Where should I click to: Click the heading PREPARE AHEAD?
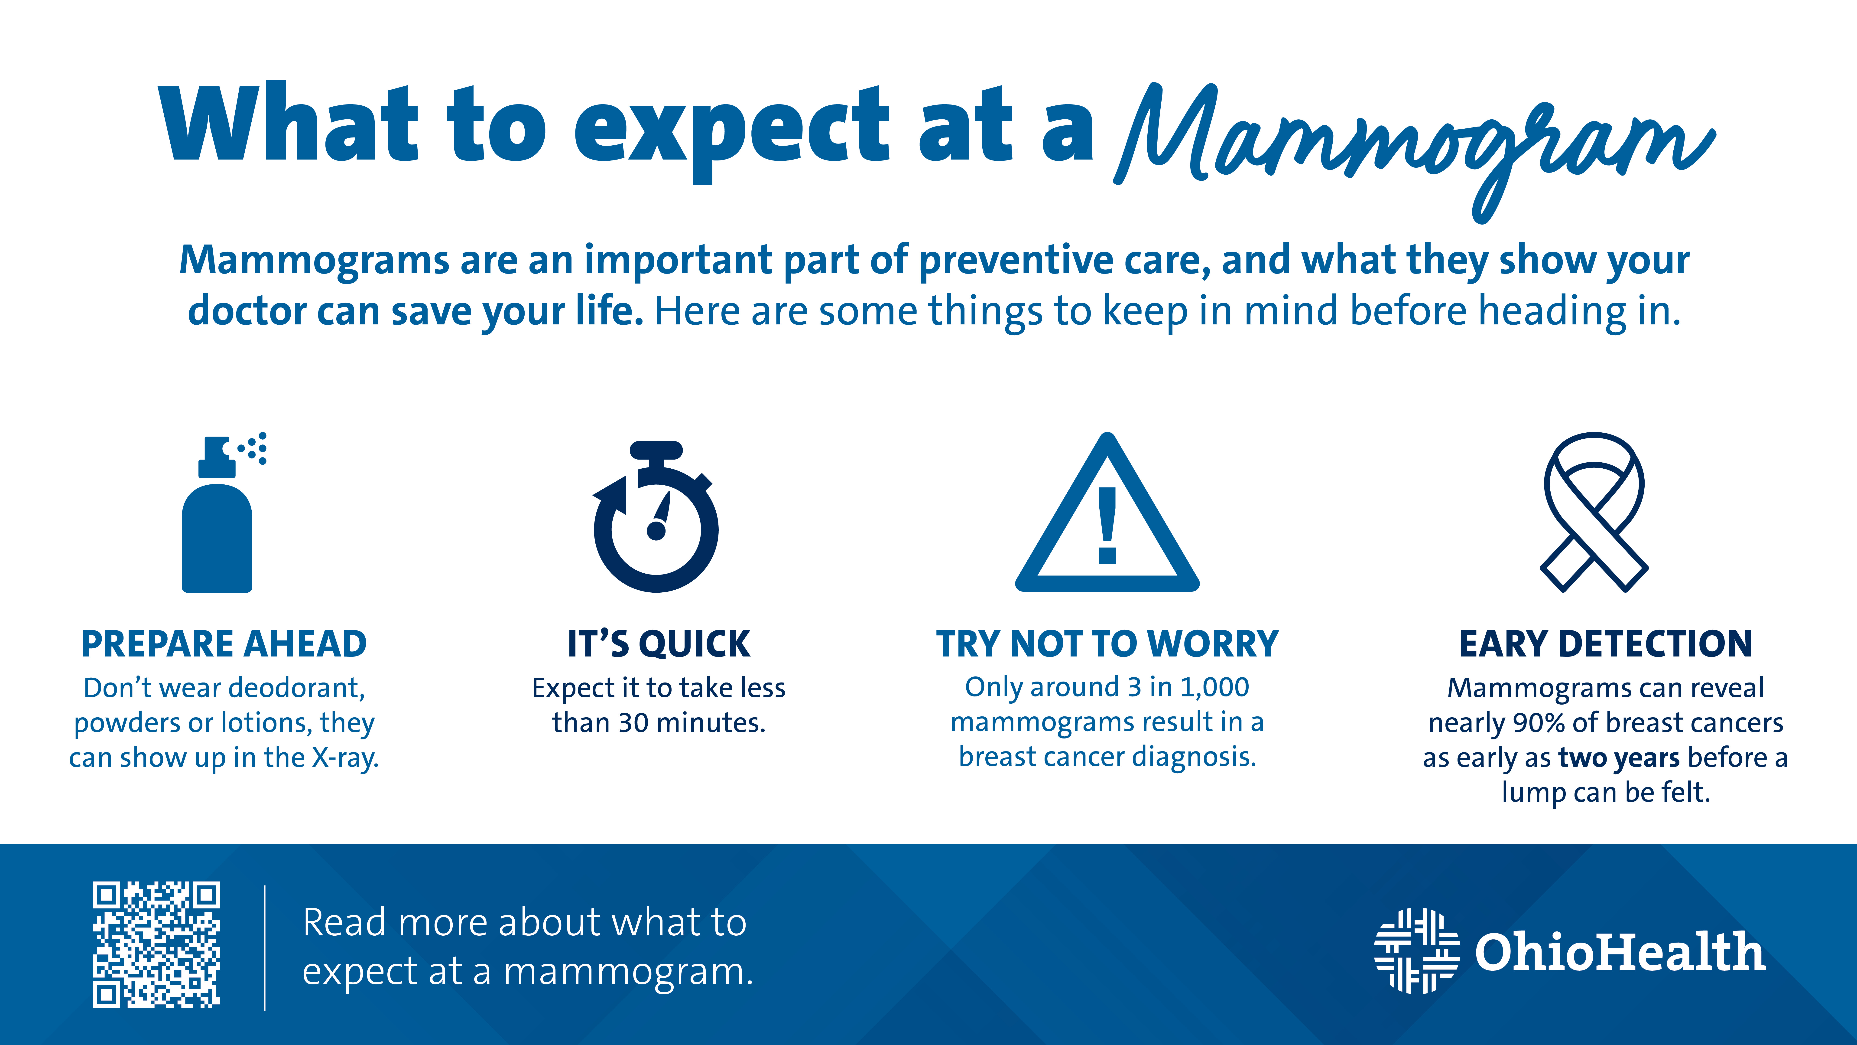tap(224, 644)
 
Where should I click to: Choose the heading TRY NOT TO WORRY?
tap(1107, 644)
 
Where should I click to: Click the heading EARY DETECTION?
tap(1605, 644)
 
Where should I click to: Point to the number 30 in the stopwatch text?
tap(633, 723)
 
